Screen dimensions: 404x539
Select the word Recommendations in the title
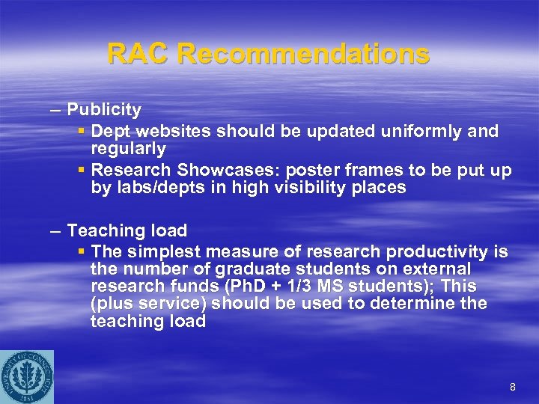coord(304,54)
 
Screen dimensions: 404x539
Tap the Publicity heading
coord(104,110)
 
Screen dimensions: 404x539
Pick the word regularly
coord(128,149)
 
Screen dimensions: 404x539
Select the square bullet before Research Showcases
coord(82,171)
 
